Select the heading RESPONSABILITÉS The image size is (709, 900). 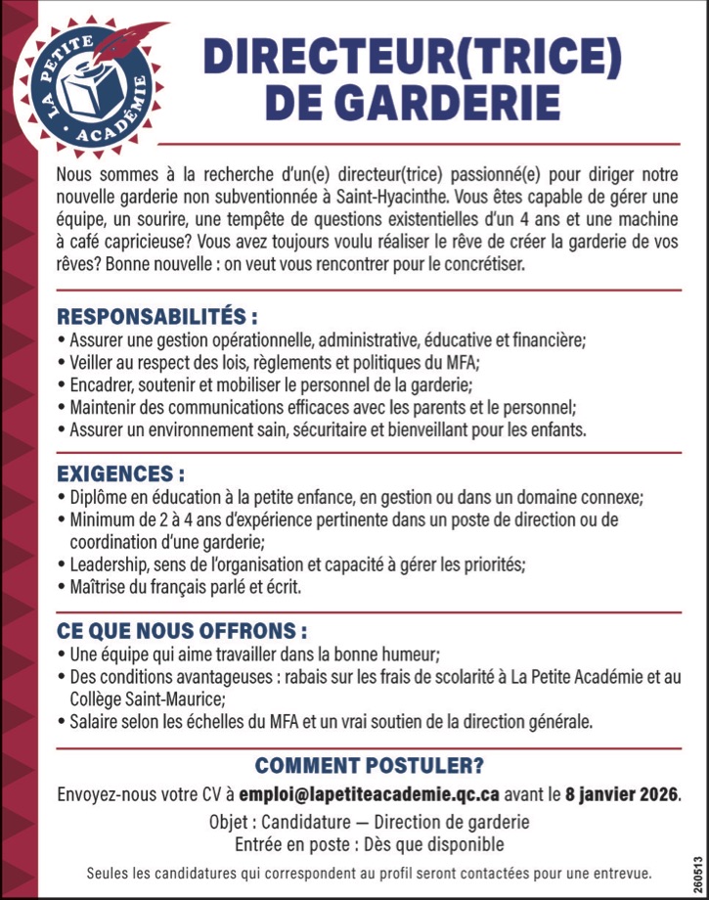pos(156,317)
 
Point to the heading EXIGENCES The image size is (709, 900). pos(120,473)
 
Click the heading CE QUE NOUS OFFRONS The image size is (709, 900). pos(182,630)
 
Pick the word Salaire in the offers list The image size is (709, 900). pos(96,723)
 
